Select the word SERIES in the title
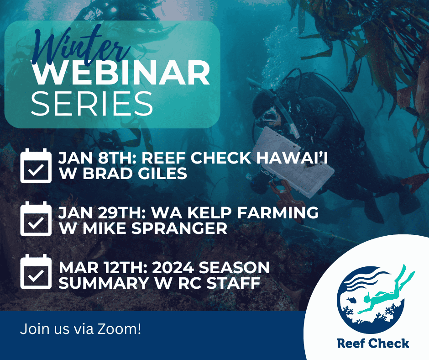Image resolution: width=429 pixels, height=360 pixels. coord(92,104)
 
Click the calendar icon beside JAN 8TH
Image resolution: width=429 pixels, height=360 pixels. coord(36,166)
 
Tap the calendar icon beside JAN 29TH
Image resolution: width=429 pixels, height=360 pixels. coord(36,219)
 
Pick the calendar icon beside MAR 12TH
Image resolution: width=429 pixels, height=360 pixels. coord(36,271)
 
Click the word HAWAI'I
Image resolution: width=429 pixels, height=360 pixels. coord(292,158)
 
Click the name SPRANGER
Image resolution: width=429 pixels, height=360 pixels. coord(179,228)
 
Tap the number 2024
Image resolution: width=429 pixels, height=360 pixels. coord(173,268)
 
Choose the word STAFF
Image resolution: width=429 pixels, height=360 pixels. coord(233,283)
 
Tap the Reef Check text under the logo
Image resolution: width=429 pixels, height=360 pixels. coord(373,343)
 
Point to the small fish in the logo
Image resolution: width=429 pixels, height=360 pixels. coord(351,299)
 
